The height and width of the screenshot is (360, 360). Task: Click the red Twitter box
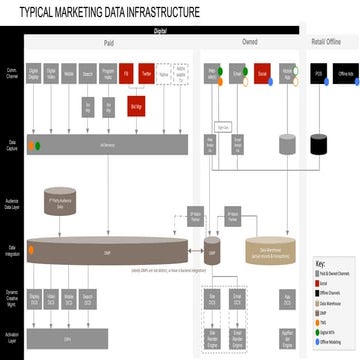click(x=145, y=74)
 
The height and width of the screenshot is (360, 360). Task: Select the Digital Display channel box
click(x=34, y=74)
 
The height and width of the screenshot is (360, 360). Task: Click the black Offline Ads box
click(x=345, y=74)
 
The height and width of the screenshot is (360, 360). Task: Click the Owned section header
click(x=249, y=44)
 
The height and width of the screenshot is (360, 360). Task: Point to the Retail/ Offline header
click(x=334, y=43)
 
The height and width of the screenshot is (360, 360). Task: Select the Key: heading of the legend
click(x=320, y=264)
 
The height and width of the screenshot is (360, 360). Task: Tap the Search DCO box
click(x=90, y=300)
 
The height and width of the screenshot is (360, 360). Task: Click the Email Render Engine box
click(x=240, y=340)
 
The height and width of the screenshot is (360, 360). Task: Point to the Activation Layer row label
click(x=11, y=340)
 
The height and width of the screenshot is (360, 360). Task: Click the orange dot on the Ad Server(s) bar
click(x=38, y=144)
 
